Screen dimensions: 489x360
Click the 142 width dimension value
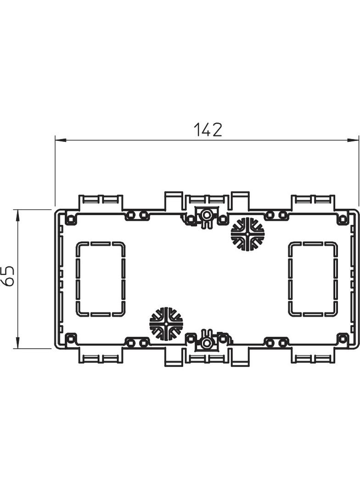[208, 130]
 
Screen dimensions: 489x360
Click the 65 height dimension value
[9, 276]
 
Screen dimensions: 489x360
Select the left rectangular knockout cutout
[100, 279]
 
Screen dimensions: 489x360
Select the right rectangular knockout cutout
[313, 279]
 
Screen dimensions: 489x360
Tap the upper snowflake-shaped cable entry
[247, 234]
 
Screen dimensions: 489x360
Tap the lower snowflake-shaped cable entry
[166, 324]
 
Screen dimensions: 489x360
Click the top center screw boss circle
[207, 214]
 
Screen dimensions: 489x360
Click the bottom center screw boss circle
[207, 343]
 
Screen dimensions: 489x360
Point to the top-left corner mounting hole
[71, 219]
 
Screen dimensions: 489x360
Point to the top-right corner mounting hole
[343, 219]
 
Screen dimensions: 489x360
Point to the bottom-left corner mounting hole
[71, 339]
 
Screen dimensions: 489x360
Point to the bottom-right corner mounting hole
[343, 339]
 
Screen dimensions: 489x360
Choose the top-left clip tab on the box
[101, 201]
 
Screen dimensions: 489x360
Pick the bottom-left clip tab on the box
[101, 357]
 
